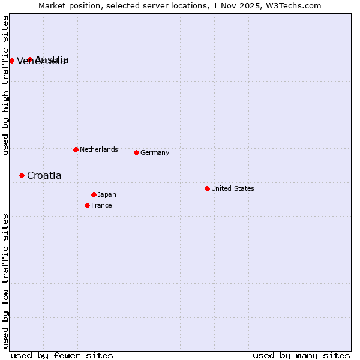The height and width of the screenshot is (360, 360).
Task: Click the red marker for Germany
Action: click(136, 152)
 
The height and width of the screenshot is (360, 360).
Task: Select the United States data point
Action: click(207, 188)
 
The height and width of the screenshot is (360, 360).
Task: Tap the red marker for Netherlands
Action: click(76, 149)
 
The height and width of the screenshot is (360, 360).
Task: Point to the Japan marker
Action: click(94, 194)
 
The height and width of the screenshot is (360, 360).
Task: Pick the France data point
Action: click(87, 205)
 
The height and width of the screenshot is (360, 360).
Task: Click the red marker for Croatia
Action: click(22, 175)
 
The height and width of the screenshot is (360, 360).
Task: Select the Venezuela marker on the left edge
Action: click(11, 61)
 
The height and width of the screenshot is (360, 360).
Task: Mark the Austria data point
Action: click(29, 59)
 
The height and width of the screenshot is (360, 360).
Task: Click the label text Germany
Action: click(155, 152)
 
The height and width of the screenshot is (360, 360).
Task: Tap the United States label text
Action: click(232, 188)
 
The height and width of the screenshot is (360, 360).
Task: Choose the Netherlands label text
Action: click(98, 149)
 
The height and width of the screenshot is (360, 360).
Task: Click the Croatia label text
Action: click(44, 175)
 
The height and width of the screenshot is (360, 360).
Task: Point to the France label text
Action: click(101, 205)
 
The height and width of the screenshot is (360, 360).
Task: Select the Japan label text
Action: click(107, 194)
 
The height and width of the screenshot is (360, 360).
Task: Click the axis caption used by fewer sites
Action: click(62, 355)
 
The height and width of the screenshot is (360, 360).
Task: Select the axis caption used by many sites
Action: click(301, 355)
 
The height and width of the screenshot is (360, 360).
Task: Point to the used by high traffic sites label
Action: click(5, 85)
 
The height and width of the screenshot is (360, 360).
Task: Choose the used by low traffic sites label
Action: click(5, 281)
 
